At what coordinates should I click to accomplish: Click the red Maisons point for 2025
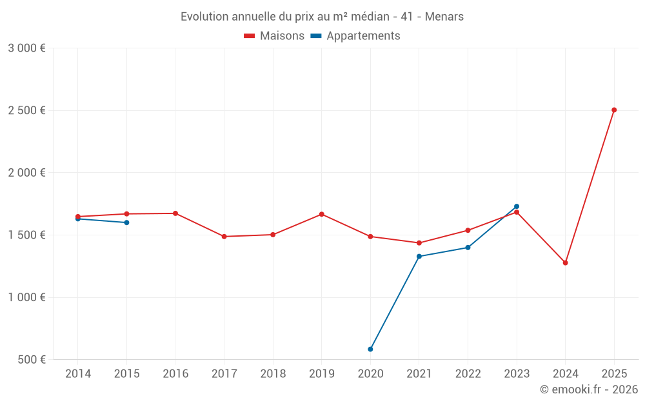point(614,110)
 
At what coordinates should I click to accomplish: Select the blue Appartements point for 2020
point(370,349)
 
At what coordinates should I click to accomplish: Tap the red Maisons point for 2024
point(565,263)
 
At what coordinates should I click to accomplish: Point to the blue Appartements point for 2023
point(517,206)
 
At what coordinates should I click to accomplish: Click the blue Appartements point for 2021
point(419,257)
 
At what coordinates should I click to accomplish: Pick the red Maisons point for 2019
point(322,214)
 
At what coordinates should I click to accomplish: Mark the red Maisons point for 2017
point(224,237)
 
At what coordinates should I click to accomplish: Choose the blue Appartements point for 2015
point(126,222)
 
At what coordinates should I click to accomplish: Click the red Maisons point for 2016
point(175,213)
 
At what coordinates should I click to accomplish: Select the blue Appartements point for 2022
point(468,248)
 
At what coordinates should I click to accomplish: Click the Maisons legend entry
point(274,36)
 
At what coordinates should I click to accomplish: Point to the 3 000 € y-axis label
point(26,48)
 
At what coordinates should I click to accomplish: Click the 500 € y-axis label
point(31,360)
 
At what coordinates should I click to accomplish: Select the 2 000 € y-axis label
point(26,173)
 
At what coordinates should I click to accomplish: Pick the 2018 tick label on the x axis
point(273,374)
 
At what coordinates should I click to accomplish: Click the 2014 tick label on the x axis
point(78,374)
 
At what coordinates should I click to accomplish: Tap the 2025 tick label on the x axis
point(614,374)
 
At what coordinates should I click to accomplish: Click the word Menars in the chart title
point(444,17)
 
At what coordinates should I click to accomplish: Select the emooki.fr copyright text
point(588,389)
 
